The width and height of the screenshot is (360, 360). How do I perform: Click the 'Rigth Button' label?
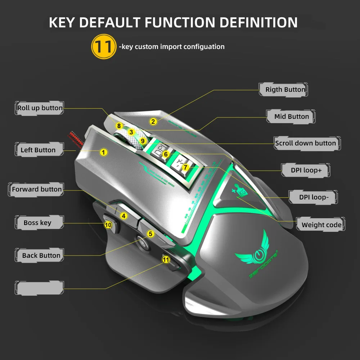click(285, 90)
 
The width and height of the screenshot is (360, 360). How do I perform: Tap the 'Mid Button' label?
click(291, 117)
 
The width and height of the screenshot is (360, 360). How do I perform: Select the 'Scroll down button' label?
click(305, 143)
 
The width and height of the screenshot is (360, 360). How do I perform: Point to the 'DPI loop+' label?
click(306, 170)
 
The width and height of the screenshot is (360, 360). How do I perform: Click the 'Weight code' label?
click(321, 225)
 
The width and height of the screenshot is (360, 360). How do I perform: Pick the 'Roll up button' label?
click(40, 108)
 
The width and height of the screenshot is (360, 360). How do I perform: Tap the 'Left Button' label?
click(38, 150)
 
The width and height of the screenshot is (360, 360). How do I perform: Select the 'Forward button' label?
click(37, 189)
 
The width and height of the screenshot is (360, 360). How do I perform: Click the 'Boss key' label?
click(37, 223)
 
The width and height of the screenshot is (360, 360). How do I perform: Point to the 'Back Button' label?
click(41, 256)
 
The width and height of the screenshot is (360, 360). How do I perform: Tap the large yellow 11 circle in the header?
click(104, 46)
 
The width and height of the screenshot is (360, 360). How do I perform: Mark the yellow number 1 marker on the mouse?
click(104, 152)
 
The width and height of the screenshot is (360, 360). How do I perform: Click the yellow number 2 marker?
click(153, 122)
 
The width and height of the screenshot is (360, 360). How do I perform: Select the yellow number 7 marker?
click(185, 167)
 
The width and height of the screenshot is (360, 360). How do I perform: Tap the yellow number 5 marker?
click(150, 234)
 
